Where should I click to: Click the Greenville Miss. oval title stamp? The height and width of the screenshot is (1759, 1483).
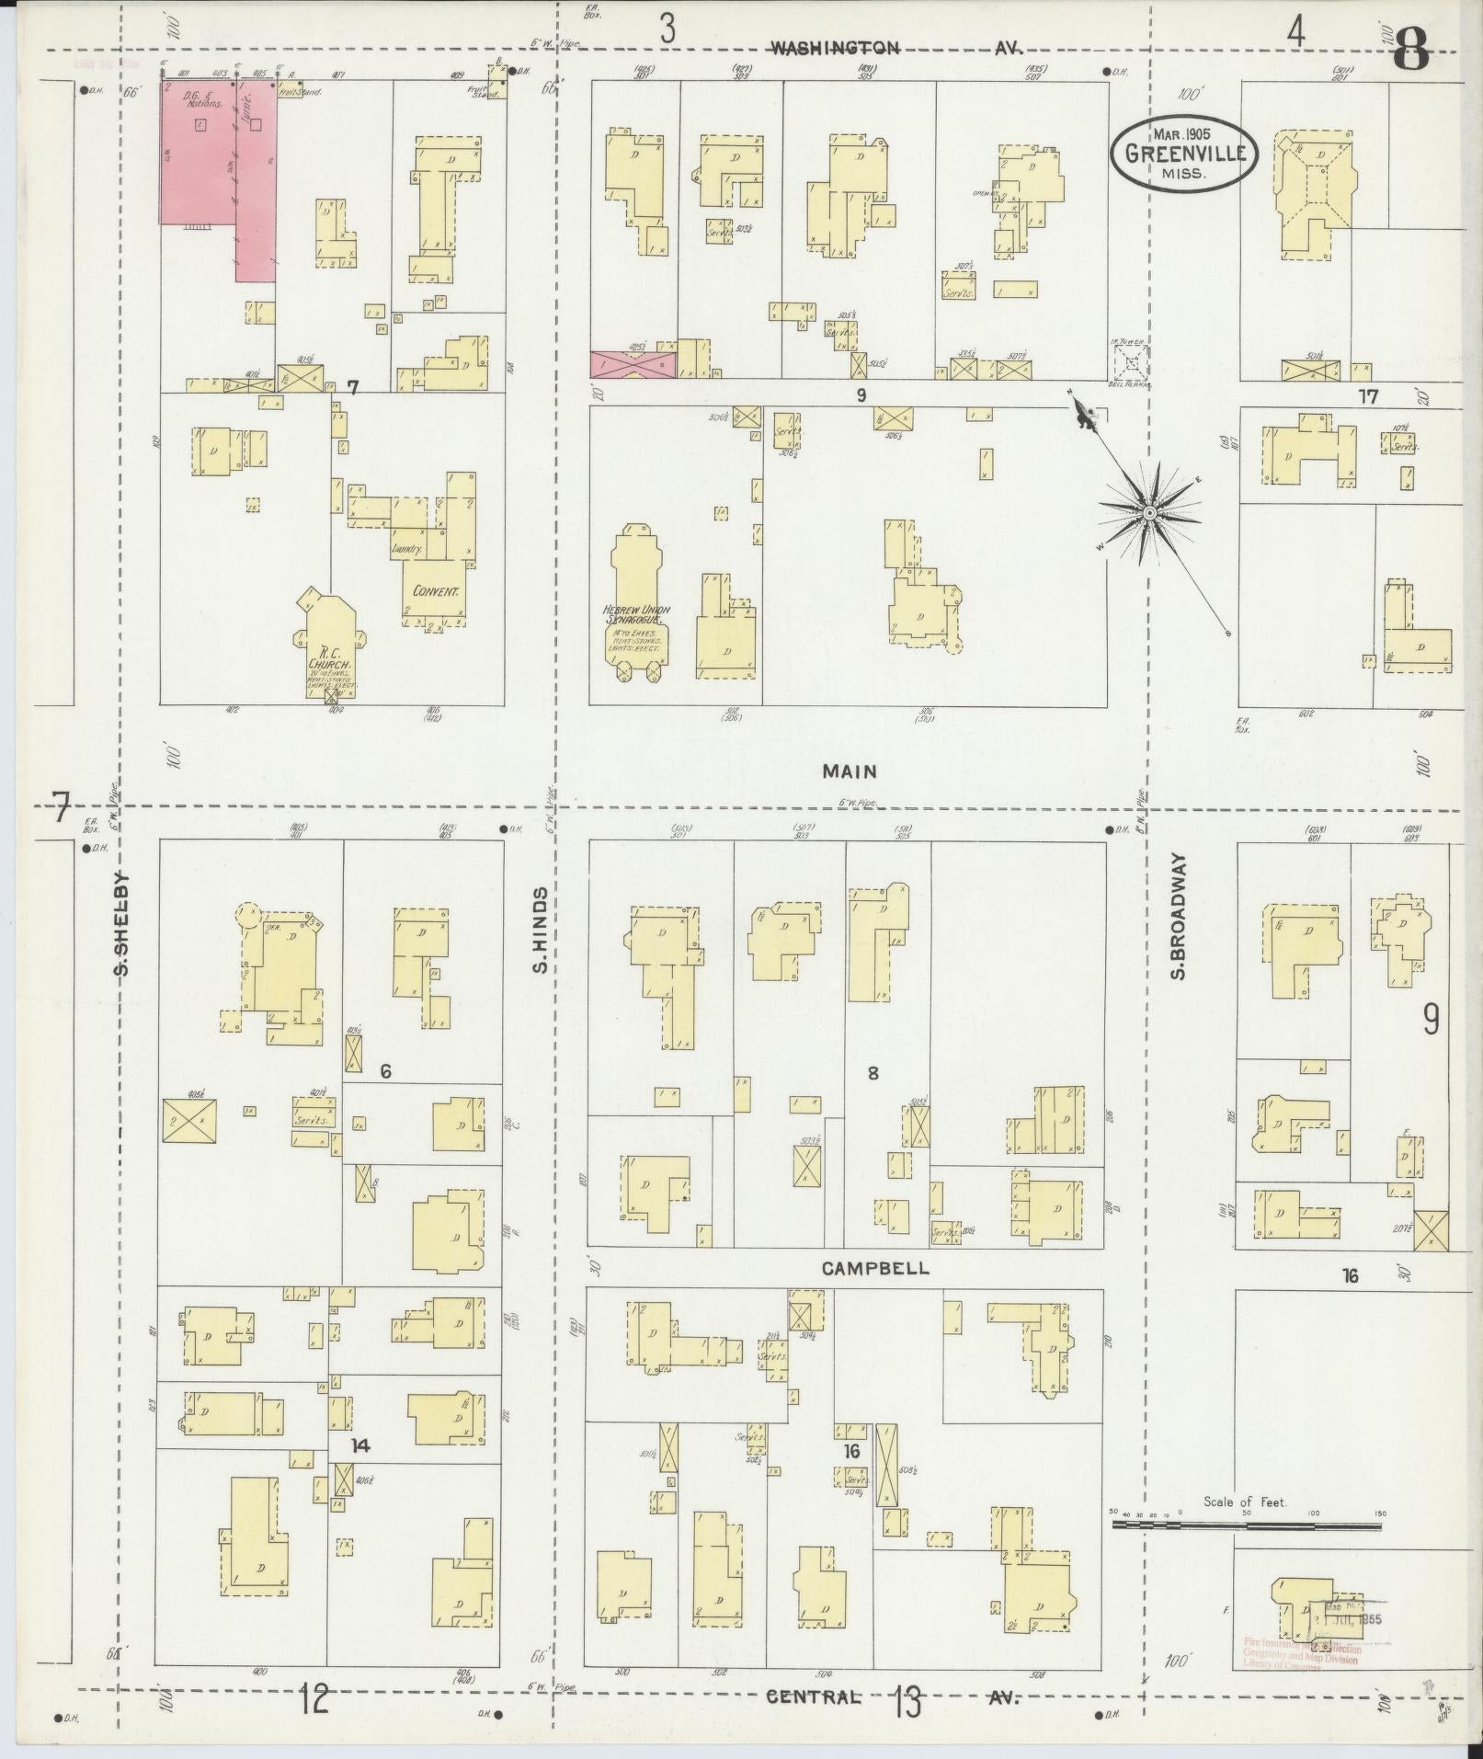(x=1183, y=154)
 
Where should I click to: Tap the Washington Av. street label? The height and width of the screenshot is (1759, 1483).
(x=896, y=48)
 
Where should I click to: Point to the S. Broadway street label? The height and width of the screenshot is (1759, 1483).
(x=1180, y=917)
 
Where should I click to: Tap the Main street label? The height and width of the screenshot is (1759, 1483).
(x=849, y=772)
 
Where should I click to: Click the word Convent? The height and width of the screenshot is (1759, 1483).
(x=435, y=591)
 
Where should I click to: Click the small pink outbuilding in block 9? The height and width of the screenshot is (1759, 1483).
(x=633, y=364)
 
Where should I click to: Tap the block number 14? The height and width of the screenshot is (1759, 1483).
(x=359, y=1446)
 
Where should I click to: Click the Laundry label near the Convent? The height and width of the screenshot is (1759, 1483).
(x=405, y=548)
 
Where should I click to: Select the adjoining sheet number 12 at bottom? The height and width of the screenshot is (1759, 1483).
(x=313, y=1700)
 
